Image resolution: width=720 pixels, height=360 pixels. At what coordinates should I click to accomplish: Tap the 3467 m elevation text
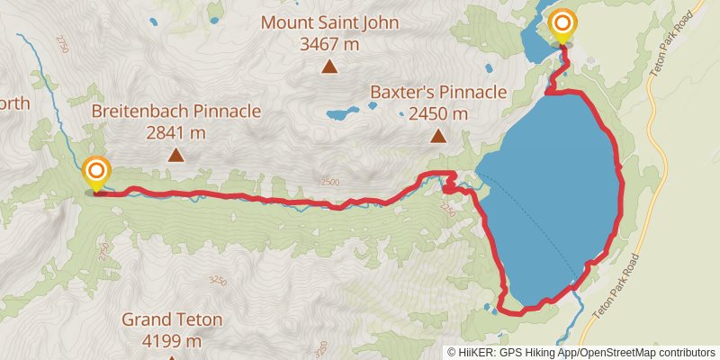pyautogui.click(x=329, y=41)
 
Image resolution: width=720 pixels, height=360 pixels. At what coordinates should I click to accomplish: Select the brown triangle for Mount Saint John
pyautogui.click(x=330, y=66)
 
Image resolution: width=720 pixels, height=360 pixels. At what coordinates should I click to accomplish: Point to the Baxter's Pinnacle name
pyautogui.click(x=438, y=92)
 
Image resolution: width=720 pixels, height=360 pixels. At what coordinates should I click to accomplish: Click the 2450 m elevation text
pyautogui.click(x=438, y=113)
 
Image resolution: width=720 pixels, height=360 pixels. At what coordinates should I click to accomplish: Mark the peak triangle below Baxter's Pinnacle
pyautogui.click(x=438, y=137)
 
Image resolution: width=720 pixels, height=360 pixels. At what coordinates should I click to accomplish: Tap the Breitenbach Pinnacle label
pyautogui.click(x=176, y=112)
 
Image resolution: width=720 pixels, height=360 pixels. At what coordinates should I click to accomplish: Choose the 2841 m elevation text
pyautogui.click(x=175, y=133)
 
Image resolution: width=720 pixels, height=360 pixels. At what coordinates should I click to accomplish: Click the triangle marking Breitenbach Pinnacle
pyautogui.click(x=176, y=156)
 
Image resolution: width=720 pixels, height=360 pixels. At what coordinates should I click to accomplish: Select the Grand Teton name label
pyautogui.click(x=172, y=319)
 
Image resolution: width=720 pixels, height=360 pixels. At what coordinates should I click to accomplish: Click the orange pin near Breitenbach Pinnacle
pyautogui.click(x=96, y=172)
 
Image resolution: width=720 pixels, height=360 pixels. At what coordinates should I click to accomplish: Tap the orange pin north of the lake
pyautogui.click(x=563, y=25)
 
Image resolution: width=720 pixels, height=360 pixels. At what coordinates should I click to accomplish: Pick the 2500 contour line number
pyautogui.click(x=329, y=182)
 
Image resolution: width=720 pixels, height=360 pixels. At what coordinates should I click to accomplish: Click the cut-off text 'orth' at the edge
pyautogui.click(x=14, y=103)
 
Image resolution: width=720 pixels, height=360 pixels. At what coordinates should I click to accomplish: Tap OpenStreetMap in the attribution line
pyautogui.click(x=620, y=353)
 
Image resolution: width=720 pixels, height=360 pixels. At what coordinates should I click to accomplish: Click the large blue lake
pyautogui.click(x=558, y=180)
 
